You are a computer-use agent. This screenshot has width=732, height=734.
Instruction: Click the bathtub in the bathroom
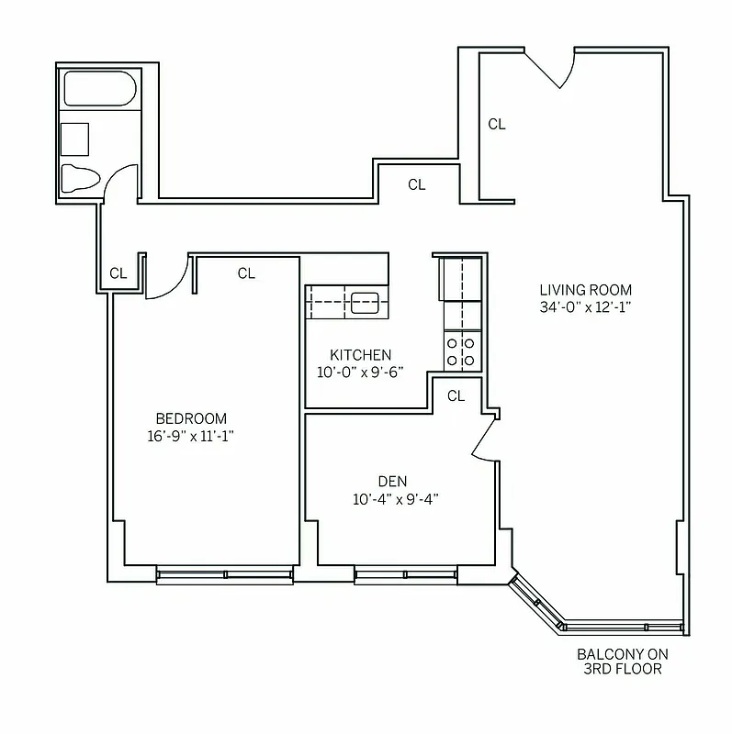pos(99,90)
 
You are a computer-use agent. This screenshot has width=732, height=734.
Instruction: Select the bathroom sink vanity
pos(74,139)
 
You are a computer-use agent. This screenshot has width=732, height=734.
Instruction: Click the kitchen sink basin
pos(365,300)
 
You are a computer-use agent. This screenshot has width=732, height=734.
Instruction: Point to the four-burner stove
pos(462,350)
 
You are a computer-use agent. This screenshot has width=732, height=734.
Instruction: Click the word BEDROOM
pos(191,418)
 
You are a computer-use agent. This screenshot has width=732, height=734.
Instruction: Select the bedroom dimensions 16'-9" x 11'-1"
pos(191,436)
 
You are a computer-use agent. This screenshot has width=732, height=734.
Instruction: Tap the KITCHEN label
pos(360,355)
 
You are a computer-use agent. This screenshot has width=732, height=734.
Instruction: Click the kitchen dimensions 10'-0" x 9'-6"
pos(360,373)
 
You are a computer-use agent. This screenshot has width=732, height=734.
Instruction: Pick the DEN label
pos(392,482)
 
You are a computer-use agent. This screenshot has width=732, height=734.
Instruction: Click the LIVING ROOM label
pos(586,290)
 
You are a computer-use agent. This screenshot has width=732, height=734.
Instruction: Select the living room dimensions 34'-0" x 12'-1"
pos(586,307)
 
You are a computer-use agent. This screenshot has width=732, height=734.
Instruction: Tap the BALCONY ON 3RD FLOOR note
pos(623,662)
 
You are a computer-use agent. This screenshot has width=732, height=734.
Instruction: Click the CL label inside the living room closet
pos(497,124)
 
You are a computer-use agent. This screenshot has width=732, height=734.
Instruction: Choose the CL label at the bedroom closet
pos(246,273)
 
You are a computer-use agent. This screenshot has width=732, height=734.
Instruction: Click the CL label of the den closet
pos(456,395)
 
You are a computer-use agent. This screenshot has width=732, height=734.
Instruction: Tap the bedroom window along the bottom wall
pos(225,575)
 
